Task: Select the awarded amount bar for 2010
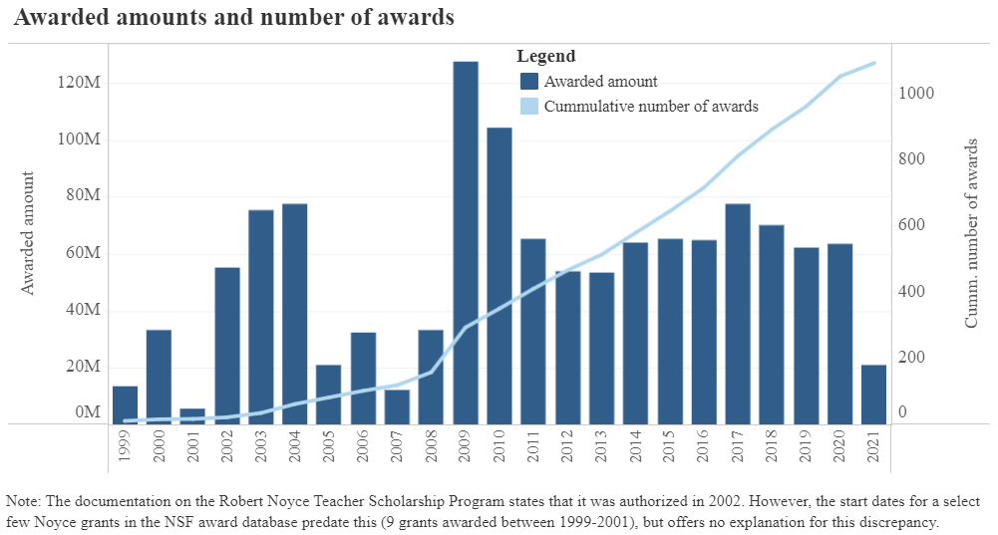point(499,275)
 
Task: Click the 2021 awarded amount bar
point(873,394)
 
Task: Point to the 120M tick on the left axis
point(79,82)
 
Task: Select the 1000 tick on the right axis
point(915,93)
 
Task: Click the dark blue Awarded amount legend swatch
point(529,82)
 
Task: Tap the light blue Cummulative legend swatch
point(529,106)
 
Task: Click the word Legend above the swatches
point(545,57)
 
